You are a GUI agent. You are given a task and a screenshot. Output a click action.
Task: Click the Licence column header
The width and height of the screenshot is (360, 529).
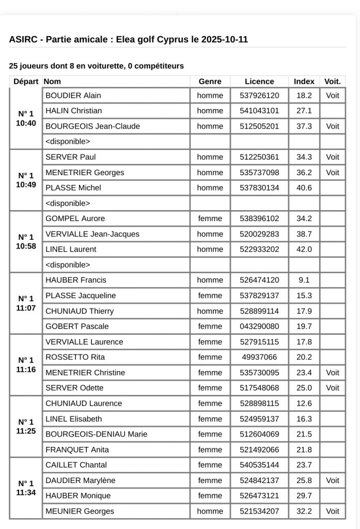pyautogui.click(x=259, y=81)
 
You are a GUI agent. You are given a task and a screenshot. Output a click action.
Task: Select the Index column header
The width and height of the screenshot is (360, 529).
pyautogui.click(x=304, y=81)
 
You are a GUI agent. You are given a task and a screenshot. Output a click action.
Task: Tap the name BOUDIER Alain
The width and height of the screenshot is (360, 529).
pyautogui.click(x=73, y=96)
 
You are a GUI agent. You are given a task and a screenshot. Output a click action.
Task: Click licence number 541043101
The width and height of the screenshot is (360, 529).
pyautogui.click(x=259, y=111)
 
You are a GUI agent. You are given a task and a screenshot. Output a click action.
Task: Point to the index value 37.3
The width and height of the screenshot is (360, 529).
pyautogui.click(x=304, y=126)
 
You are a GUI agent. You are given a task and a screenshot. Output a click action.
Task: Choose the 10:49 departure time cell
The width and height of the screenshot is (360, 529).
pyautogui.click(x=26, y=180)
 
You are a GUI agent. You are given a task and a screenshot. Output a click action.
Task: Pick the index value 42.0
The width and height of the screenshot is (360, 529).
pyautogui.click(x=304, y=249)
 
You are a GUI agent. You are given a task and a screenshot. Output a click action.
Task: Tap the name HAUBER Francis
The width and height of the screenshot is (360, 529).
pyautogui.click(x=76, y=280)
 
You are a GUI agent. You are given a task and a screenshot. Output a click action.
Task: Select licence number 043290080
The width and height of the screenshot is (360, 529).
pyautogui.click(x=259, y=326)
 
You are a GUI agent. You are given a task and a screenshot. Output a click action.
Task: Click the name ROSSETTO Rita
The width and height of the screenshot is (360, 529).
pyautogui.click(x=75, y=357)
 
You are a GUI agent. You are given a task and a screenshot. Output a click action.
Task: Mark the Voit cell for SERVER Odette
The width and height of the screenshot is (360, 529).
pyautogui.click(x=333, y=387)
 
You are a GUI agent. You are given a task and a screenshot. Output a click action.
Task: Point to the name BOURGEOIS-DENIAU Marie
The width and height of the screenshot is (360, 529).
pyautogui.click(x=97, y=434)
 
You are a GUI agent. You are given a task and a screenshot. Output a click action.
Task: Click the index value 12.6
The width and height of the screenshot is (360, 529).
pyautogui.click(x=304, y=403)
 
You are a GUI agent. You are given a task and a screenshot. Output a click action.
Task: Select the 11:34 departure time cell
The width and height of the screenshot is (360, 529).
pyautogui.click(x=26, y=488)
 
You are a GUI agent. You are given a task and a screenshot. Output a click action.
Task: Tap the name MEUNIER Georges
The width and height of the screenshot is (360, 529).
pyautogui.click(x=80, y=511)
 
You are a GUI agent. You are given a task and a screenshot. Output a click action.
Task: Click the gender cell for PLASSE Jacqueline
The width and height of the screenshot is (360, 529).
pyautogui.click(x=210, y=295)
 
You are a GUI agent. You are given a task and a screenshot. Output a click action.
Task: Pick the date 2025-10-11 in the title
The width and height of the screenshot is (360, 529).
pyautogui.click(x=225, y=39)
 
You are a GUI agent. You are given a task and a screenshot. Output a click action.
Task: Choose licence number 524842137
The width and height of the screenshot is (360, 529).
pyautogui.click(x=259, y=480)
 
